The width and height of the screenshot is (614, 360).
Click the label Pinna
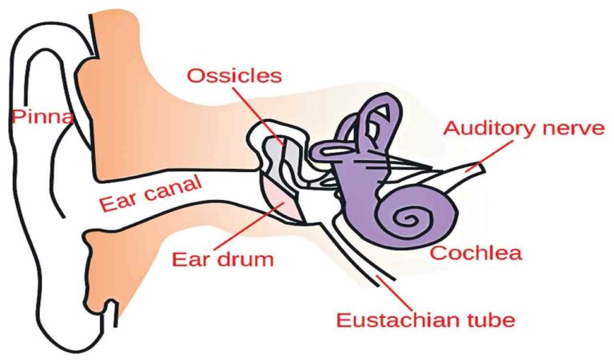[42, 116]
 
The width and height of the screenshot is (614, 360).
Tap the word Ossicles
[234, 76]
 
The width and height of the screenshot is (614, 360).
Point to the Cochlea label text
[476, 253]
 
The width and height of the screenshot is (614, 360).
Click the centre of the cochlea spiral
[407, 218]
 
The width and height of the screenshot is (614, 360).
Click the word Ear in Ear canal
[118, 201]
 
